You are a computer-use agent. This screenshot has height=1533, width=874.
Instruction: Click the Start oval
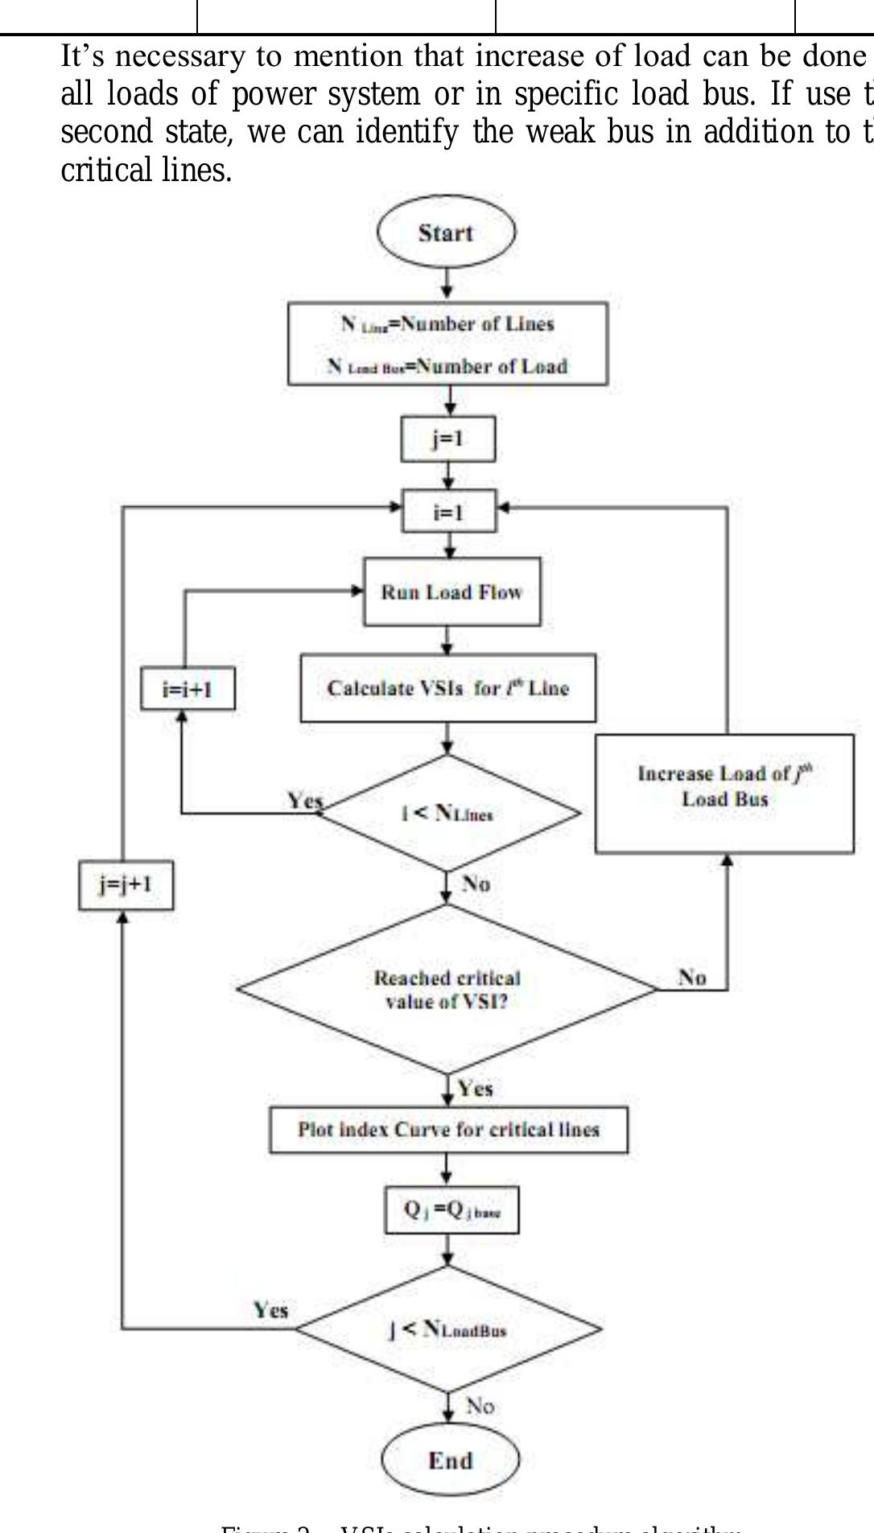[x=446, y=233]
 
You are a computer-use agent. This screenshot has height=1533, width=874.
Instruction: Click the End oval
[x=450, y=1460]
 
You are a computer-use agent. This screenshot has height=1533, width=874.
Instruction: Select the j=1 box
[x=447, y=439]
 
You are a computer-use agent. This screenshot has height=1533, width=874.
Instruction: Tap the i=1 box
[x=449, y=512]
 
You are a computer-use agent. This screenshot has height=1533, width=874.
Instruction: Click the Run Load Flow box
[x=451, y=592]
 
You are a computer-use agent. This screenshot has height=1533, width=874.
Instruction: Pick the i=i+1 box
[x=188, y=690]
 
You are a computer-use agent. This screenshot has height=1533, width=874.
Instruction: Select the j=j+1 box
[x=126, y=885]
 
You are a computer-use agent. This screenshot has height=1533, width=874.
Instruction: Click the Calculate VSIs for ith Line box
[x=447, y=688]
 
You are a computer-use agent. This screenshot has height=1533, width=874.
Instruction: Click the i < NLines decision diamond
[x=447, y=814]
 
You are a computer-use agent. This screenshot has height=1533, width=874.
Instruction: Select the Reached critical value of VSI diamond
[x=447, y=990]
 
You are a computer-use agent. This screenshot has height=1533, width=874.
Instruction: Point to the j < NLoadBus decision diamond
[x=447, y=1329]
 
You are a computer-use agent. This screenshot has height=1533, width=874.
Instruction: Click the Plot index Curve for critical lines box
[x=448, y=1130]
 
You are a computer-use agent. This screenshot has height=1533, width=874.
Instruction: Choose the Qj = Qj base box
[x=451, y=1210]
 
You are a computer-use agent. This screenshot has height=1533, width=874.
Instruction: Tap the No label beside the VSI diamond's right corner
[x=692, y=978]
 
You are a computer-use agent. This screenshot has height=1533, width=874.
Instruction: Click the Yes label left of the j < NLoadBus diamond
[x=271, y=1310]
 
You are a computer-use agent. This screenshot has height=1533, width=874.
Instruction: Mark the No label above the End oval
[x=480, y=1406]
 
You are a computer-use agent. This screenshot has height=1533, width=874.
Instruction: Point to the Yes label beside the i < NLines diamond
[x=305, y=800]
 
